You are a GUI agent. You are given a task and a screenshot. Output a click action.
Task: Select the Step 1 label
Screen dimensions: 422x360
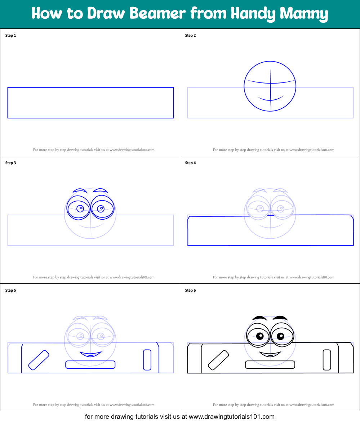point(10,35)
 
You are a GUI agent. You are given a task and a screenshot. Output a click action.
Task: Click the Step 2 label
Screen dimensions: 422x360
point(190,35)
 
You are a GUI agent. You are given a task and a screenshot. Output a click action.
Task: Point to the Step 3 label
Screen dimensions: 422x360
point(10,163)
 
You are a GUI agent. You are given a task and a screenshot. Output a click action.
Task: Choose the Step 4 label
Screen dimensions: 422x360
point(190,163)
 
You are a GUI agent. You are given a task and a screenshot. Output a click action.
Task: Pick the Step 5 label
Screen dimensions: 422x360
point(10,290)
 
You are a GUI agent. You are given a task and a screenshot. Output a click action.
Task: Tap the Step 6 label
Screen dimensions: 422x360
point(190,290)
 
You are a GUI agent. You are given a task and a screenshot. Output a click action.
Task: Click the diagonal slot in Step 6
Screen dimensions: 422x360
point(218,360)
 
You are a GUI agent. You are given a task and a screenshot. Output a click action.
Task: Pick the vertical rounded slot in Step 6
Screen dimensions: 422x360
point(327,360)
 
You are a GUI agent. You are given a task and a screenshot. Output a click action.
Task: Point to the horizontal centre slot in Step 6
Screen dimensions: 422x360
point(270,365)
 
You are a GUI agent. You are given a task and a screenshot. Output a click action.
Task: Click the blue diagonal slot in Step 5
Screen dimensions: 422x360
point(39,360)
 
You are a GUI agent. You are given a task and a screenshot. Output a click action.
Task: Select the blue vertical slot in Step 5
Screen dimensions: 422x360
point(147,360)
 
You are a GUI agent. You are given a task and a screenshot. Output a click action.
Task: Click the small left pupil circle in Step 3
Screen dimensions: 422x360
point(81,208)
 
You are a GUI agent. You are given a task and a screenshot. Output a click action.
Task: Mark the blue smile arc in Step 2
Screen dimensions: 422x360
point(271,99)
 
